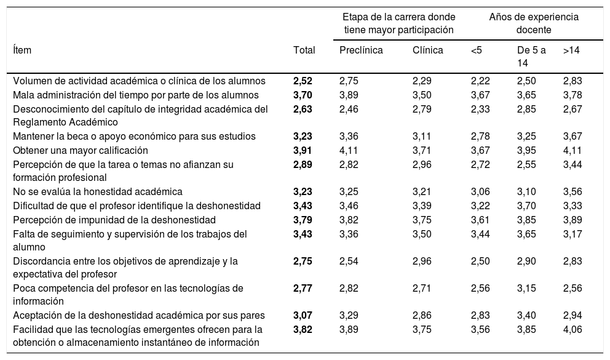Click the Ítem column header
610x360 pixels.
[x=23, y=51]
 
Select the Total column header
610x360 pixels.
[x=304, y=51]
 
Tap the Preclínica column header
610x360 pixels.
[x=361, y=51]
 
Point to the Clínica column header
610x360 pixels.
[x=427, y=51]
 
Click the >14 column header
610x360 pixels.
[x=571, y=51]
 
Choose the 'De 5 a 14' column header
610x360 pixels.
[x=531, y=57]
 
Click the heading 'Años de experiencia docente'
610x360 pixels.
[x=533, y=23]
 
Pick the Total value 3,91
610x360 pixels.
[x=304, y=150]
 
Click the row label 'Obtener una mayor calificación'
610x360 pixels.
[x=81, y=150]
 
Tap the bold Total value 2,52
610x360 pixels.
[x=304, y=81]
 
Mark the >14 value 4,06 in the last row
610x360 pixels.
[x=573, y=329]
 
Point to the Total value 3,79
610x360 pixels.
[x=304, y=220]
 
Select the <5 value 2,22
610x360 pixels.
[x=481, y=81]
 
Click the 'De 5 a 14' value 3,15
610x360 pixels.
[x=527, y=288]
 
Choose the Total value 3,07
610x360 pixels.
[x=304, y=316]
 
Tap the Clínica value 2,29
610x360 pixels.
[x=422, y=81]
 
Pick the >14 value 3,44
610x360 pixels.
[x=573, y=164]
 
